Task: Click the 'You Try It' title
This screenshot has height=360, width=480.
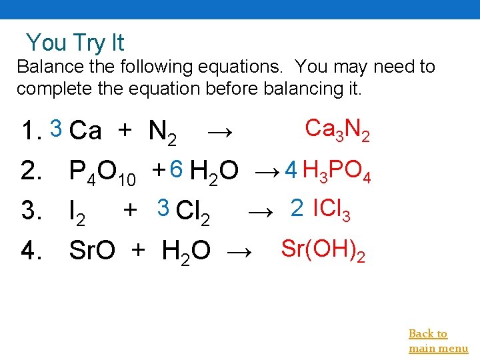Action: pos(75,43)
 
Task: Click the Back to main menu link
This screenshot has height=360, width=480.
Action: pos(438,341)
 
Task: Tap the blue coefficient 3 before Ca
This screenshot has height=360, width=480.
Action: pos(57,126)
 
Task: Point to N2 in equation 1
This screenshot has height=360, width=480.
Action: pos(162,132)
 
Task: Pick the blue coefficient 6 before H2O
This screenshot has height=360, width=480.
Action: pos(176,170)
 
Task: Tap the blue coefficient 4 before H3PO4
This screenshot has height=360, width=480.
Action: pos(290,171)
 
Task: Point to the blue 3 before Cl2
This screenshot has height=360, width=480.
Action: pos(163,209)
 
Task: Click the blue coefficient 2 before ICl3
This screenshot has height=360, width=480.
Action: pos(297,209)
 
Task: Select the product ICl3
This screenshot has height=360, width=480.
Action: pos(331,211)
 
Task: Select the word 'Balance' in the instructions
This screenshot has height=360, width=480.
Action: pos(43,67)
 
